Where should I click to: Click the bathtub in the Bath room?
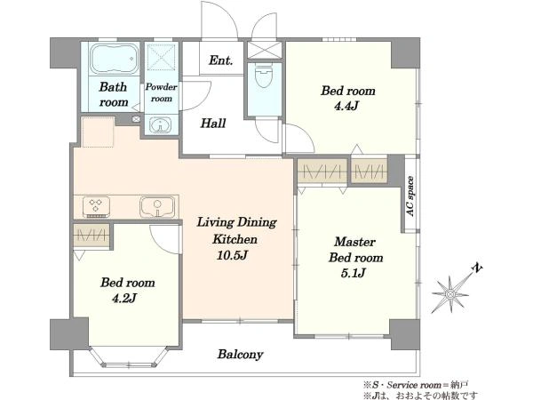[114, 59]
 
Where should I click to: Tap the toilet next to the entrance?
[264, 76]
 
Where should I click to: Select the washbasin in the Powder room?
[161, 125]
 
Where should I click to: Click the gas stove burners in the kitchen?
[96, 207]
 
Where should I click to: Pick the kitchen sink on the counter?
[157, 207]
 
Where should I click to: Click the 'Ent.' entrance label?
[221, 60]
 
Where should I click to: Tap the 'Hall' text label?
[213, 123]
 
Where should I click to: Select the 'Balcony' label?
[241, 355]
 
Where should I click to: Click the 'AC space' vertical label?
[410, 196]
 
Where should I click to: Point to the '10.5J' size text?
[232, 255]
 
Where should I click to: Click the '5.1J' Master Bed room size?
[353, 273]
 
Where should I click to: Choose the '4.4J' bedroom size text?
[346, 106]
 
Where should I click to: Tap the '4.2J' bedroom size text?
[124, 298]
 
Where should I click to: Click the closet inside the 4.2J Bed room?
[91, 235]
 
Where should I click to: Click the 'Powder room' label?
[162, 92]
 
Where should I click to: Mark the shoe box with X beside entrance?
[265, 50]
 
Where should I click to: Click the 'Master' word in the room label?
[354, 242]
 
